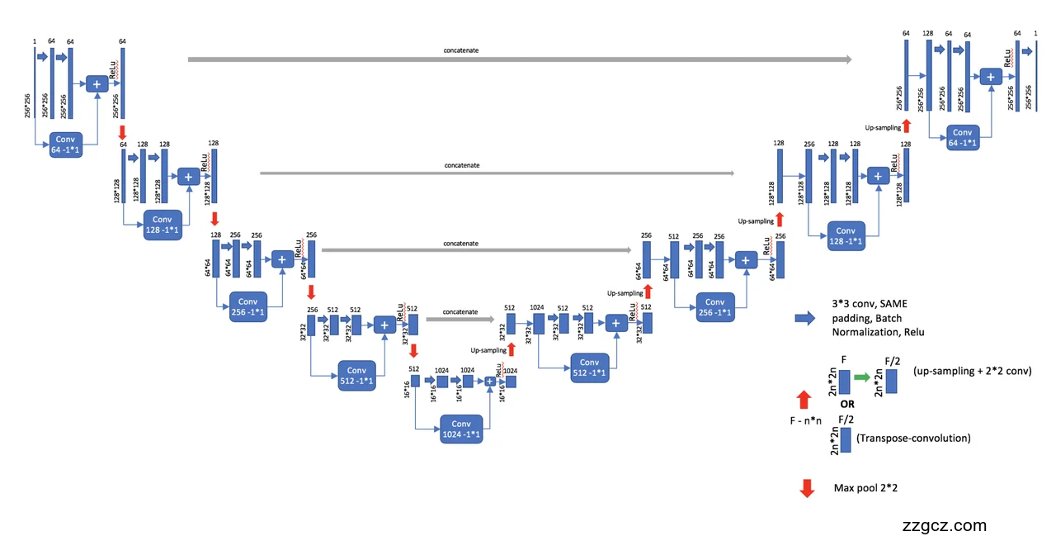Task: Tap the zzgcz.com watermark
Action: [945, 525]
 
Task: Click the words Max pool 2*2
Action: [865, 488]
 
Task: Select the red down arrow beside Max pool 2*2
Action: [807, 488]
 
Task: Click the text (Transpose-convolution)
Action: [913, 438]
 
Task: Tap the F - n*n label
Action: [804, 421]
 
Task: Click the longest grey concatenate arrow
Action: [520, 59]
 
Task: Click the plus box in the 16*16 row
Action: [489, 381]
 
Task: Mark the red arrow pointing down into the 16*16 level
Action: [413, 350]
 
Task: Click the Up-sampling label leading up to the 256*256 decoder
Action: [882, 127]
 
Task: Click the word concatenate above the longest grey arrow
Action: [460, 50]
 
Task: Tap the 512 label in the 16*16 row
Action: [414, 369]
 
